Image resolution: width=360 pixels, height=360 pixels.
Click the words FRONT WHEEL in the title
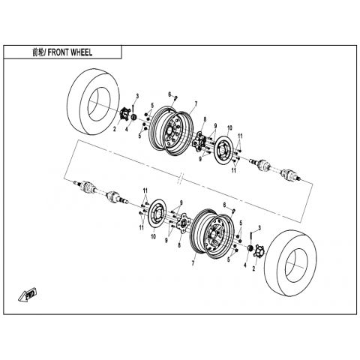(70, 52)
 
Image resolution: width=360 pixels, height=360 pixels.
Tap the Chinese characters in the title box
(37, 52)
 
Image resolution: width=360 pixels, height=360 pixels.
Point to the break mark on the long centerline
(181, 178)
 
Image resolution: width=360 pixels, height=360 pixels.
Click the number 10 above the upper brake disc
(229, 128)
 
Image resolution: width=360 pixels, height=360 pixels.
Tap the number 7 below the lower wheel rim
(193, 263)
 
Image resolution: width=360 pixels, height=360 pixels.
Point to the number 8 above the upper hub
(205, 119)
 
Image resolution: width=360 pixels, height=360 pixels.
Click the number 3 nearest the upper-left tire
(137, 96)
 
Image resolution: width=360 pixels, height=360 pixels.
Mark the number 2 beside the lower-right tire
(254, 269)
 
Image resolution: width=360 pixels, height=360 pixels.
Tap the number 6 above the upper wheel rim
(169, 94)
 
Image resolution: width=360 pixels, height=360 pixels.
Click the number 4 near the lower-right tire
(245, 265)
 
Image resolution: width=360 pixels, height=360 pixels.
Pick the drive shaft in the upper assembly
(275, 169)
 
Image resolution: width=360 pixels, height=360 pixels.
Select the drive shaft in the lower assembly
(102, 191)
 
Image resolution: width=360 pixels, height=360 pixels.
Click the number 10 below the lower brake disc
(153, 236)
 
